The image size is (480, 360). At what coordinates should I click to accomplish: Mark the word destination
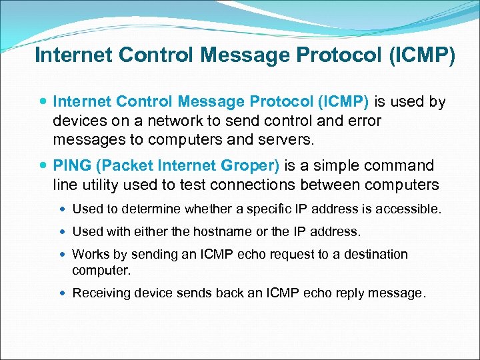tap(375, 254)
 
